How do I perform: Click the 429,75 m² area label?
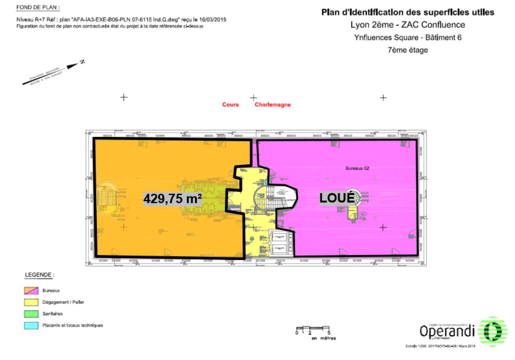173,199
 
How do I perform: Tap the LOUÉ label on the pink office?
337,198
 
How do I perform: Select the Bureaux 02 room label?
357,169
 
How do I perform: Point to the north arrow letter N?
82,62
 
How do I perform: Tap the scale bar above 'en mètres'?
313,328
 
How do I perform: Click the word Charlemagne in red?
272,105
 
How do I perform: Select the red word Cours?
231,105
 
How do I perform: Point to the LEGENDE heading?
39,275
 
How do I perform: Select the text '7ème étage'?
408,50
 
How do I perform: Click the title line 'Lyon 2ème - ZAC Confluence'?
408,25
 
